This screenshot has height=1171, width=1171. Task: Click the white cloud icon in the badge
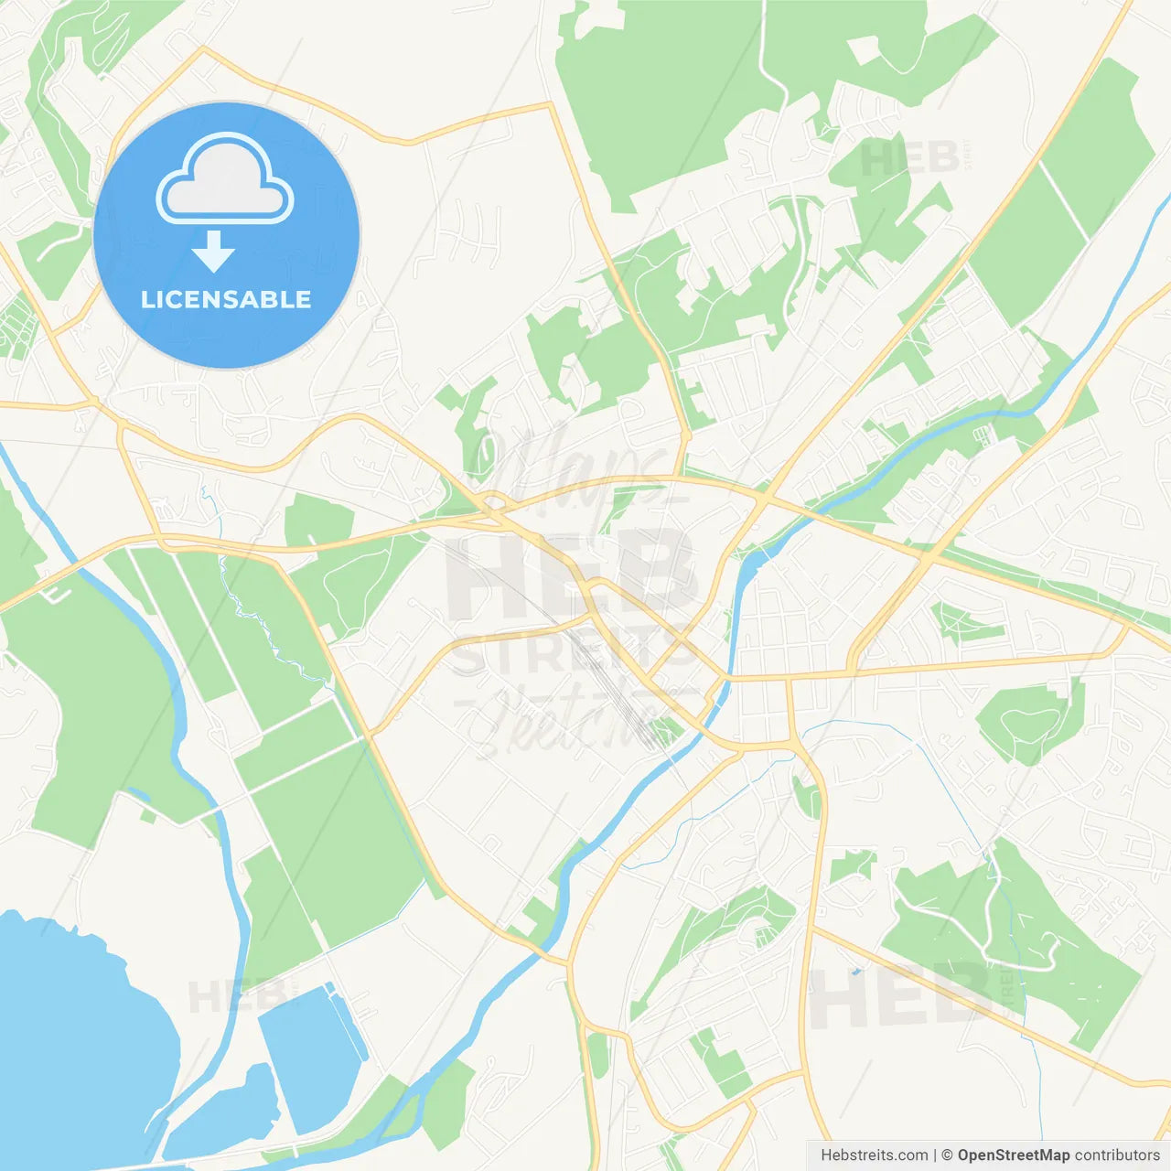225,179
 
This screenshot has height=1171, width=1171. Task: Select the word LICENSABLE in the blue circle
226,299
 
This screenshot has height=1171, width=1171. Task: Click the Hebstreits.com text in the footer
874,1155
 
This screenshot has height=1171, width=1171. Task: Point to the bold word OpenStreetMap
1013,1155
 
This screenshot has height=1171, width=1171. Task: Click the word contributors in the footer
1117,1155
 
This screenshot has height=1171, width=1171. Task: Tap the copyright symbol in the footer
947,1155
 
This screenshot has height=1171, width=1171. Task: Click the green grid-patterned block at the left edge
16,325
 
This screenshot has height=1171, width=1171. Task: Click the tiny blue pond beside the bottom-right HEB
855,971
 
